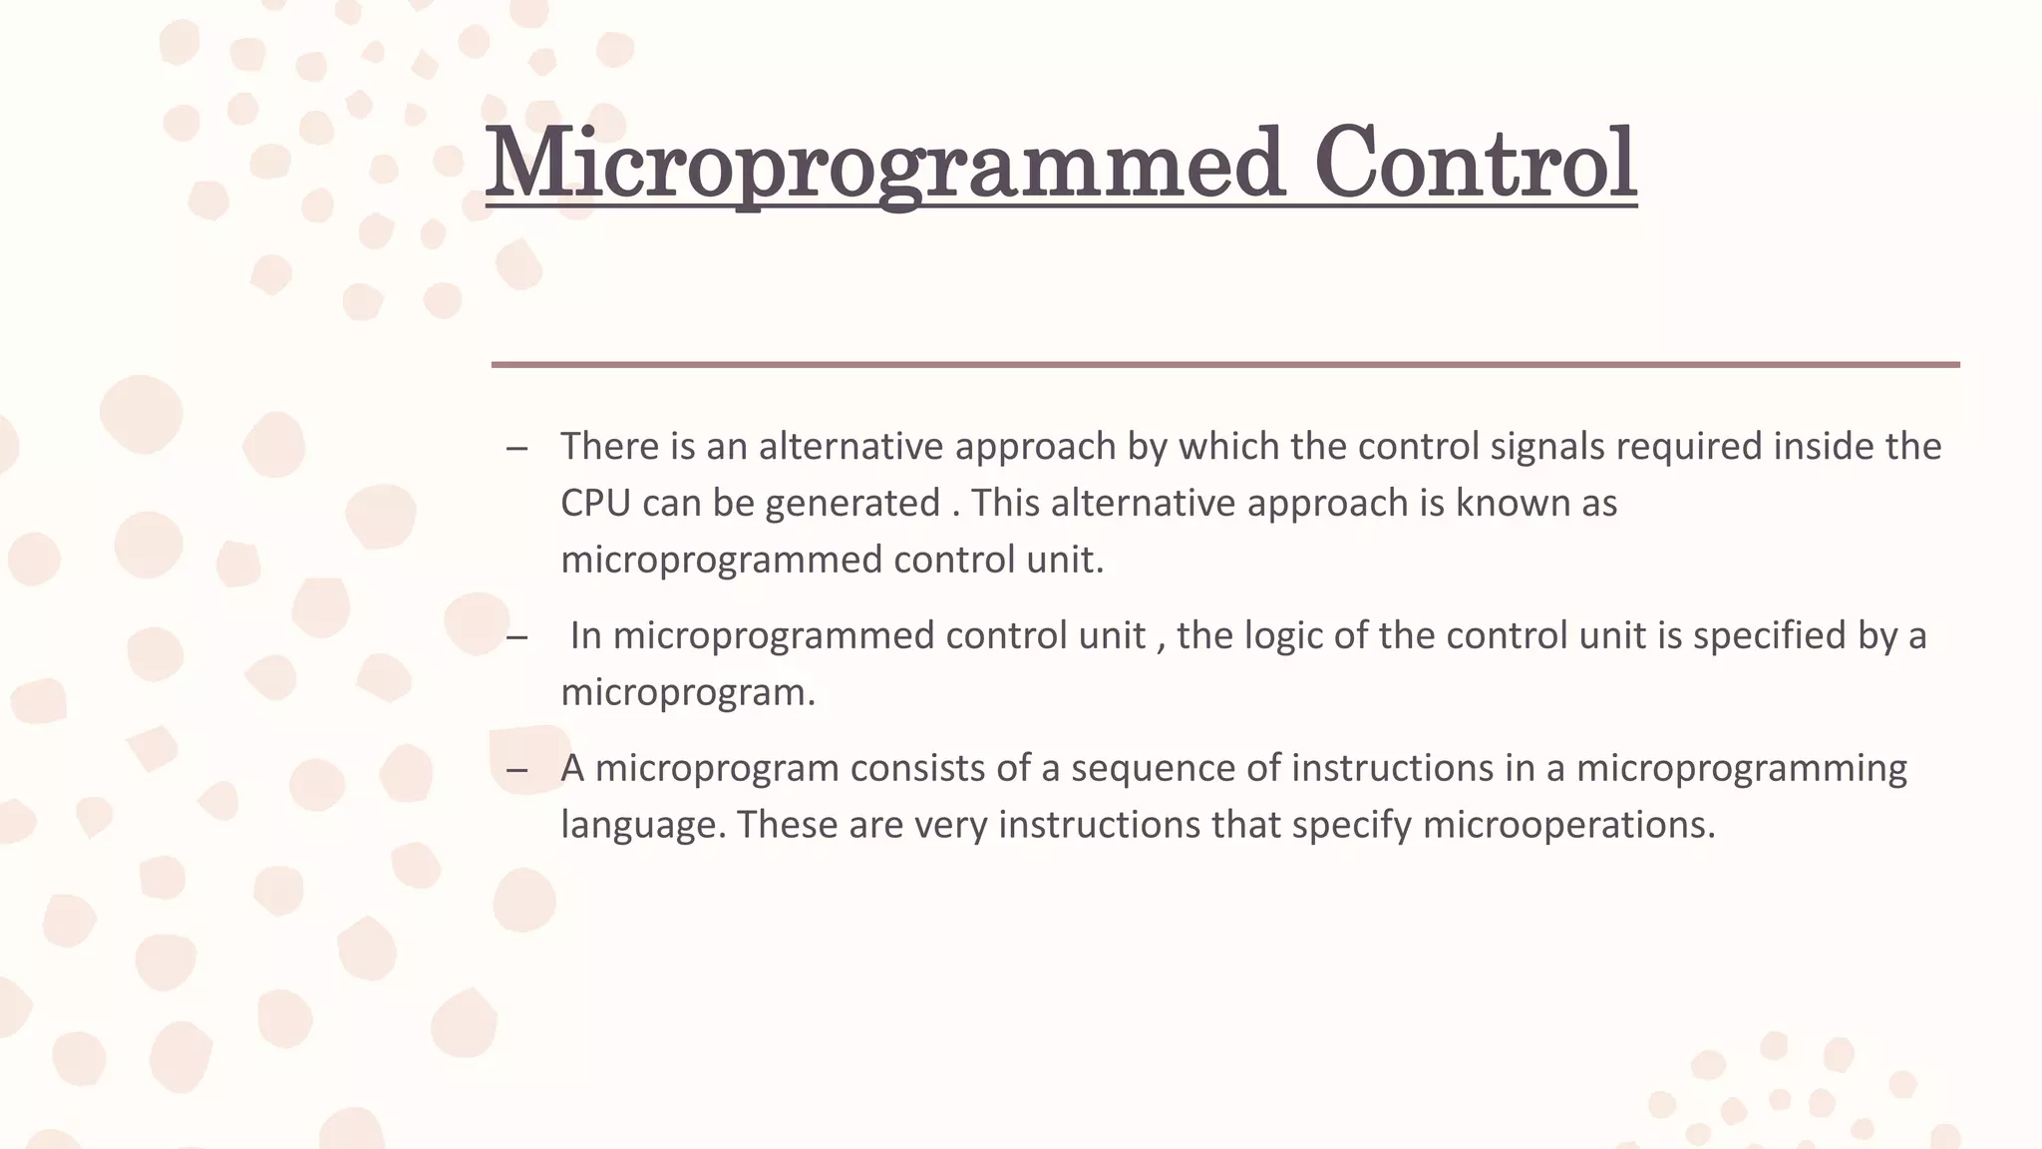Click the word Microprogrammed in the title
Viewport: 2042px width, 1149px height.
(883, 164)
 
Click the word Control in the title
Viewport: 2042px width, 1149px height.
(1475, 164)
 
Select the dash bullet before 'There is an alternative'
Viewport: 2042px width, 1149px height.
(516, 449)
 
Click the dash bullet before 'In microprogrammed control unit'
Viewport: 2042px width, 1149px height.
(516, 638)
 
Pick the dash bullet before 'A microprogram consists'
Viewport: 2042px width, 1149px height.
(516, 771)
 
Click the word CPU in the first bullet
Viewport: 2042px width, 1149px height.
(595, 503)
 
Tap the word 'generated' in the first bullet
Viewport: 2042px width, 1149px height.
(852, 504)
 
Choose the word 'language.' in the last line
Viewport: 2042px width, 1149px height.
(643, 826)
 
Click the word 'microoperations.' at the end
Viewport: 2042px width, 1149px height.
(1568, 826)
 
